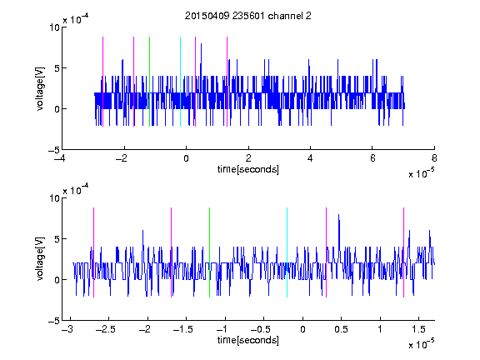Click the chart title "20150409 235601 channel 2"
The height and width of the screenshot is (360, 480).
tap(248, 16)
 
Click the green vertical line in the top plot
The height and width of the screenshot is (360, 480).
tap(149, 82)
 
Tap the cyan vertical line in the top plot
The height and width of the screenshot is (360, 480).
tap(180, 82)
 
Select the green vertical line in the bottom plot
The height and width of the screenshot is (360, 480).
tap(209, 252)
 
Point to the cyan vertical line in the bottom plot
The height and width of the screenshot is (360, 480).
tap(287, 252)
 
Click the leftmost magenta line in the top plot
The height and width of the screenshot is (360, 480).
tap(102, 82)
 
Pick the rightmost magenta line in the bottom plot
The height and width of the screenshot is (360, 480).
tap(403, 252)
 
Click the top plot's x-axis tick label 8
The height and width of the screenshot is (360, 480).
tap(434, 158)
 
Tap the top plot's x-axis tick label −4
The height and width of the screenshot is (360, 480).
tap(59, 158)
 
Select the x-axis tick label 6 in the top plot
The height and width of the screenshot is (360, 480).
tap(372, 158)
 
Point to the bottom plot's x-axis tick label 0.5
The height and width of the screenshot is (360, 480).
tap(341, 329)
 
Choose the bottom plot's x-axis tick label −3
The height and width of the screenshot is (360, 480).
tap(67, 329)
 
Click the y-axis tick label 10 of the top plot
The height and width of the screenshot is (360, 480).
tap(54, 27)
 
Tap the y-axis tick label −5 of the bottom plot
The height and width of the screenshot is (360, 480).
tap(54, 321)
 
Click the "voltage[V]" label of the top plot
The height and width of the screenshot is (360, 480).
tap(40, 89)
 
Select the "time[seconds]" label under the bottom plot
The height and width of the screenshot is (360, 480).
tap(248, 340)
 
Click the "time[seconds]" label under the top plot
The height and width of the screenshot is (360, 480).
tap(248, 169)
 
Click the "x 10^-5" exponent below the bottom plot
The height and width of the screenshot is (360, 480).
tap(422, 343)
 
